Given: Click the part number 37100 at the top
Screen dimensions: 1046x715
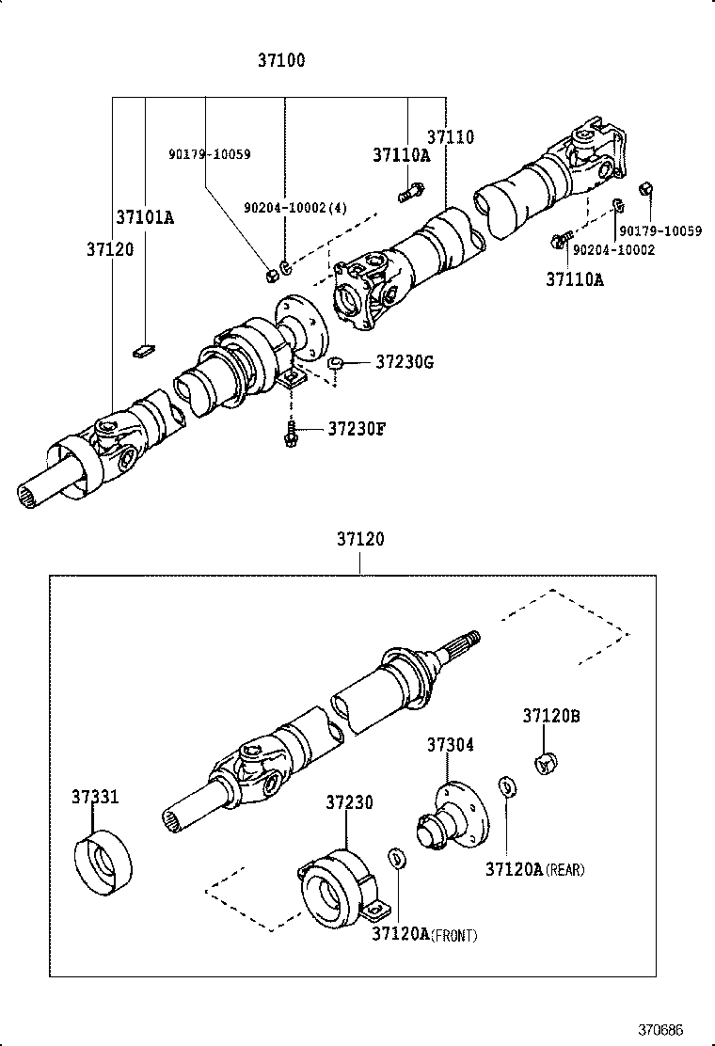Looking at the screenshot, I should click(x=281, y=61).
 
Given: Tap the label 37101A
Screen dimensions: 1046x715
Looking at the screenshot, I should click(x=145, y=217).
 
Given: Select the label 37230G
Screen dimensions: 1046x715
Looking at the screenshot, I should click(x=404, y=361).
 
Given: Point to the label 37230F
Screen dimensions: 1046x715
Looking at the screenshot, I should click(x=357, y=430).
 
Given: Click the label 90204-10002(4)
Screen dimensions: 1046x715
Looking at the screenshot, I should click(x=294, y=208).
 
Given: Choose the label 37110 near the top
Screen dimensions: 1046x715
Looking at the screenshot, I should click(x=451, y=137).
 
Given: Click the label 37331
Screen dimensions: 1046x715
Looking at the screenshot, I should click(x=95, y=797).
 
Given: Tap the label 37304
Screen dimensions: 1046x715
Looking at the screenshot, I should click(x=450, y=745).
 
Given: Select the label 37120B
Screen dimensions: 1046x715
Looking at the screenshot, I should click(x=550, y=716).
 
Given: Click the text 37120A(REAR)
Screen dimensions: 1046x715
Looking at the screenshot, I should click(x=534, y=870).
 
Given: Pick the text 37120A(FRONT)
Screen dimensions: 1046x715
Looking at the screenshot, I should click(x=423, y=934).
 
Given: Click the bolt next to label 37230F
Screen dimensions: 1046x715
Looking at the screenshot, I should click(x=293, y=435).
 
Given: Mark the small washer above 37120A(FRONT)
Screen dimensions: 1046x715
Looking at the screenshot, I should click(x=398, y=858).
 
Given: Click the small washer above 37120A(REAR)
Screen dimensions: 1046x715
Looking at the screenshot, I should click(x=506, y=785).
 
